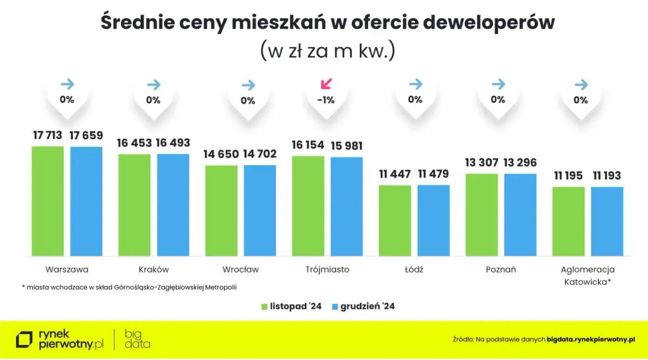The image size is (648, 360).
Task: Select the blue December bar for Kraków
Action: click(x=173, y=205)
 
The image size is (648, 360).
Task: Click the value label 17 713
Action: click(x=48, y=135)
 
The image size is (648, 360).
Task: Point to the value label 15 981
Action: click(x=347, y=146)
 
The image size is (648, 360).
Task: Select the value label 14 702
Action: click(x=260, y=154)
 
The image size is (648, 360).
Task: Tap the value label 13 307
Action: click(x=481, y=162)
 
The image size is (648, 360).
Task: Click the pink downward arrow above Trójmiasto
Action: click(x=327, y=84)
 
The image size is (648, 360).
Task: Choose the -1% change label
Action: click(x=326, y=100)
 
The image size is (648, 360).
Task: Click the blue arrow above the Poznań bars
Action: click(x=498, y=84)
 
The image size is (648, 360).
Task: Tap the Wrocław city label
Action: click(x=240, y=269)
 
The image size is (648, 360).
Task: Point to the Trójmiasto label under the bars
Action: click(x=327, y=269)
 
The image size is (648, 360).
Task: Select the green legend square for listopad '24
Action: click(x=265, y=307)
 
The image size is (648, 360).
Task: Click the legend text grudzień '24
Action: click(x=367, y=307)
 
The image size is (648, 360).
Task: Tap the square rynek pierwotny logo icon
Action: click(x=24, y=339)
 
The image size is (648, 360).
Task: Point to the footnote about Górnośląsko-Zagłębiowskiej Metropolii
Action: click(x=130, y=287)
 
